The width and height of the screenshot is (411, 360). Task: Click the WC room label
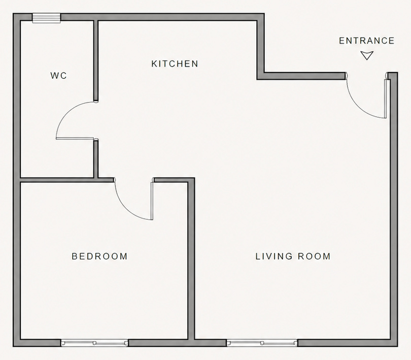58,76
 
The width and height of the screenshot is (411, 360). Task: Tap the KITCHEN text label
175,64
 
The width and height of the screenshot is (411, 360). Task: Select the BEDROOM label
99,256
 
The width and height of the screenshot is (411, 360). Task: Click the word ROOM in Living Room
313,256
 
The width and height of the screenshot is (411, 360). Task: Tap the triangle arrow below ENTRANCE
366,55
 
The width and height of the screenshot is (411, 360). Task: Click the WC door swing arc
63,115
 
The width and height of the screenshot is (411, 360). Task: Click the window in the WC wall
47,18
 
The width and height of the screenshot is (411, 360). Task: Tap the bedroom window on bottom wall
94,343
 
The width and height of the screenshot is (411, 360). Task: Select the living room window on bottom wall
262,343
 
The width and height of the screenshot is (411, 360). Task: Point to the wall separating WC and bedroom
56,179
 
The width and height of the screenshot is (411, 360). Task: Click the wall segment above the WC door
95,61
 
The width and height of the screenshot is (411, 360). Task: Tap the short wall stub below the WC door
95,158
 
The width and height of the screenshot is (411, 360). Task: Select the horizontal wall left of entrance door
302,76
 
